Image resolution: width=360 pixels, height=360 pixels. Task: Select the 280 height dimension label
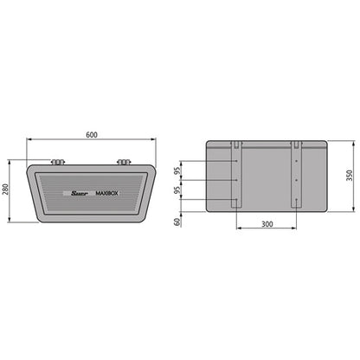click(x=7, y=190)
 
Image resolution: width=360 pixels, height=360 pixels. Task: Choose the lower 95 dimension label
click(x=178, y=191)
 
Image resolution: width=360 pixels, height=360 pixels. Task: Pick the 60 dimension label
click(x=178, y=222)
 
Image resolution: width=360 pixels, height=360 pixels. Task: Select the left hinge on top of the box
click(x=58, y=161)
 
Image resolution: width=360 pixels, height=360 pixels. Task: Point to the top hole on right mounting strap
click(x=295, y=160)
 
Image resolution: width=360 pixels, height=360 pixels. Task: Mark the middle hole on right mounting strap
click(x=295, y=180)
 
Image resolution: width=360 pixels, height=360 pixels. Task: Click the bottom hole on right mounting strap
click(x=295, y=200)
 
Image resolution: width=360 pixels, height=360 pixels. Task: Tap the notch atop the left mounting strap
click(x=235, y=142)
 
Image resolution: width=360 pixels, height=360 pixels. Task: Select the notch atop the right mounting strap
click(x=295, y=142)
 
